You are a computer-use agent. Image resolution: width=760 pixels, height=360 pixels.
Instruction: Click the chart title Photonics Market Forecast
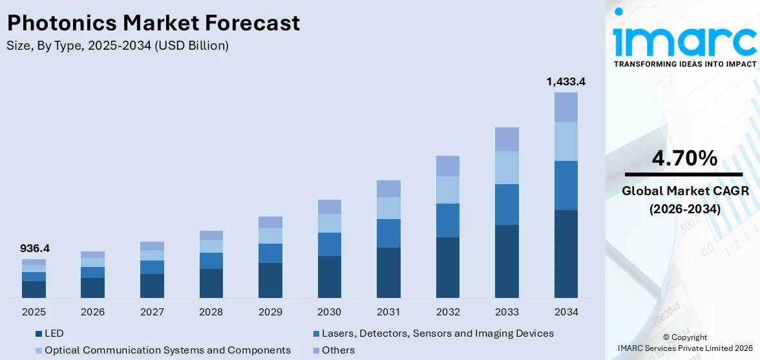153,23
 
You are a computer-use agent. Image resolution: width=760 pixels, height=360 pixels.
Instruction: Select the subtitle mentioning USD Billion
117,46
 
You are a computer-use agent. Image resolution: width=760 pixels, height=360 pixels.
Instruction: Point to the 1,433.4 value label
565,81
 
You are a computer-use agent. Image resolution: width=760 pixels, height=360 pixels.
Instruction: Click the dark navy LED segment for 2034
565,253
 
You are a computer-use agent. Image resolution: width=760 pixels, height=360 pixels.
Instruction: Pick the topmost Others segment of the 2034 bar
565,107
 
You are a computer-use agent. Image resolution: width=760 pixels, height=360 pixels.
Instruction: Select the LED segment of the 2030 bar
329,277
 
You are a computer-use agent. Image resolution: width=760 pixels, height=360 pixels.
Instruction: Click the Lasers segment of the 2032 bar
447,220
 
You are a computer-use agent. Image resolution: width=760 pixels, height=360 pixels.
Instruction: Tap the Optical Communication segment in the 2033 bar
507,167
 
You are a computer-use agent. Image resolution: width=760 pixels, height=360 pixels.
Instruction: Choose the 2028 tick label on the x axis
211,312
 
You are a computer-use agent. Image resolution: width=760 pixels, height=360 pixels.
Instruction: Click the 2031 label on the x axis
388,312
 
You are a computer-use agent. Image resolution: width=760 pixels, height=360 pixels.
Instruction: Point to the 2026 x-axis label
92,312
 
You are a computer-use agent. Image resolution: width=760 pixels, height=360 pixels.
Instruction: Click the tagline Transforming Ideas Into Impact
684,64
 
